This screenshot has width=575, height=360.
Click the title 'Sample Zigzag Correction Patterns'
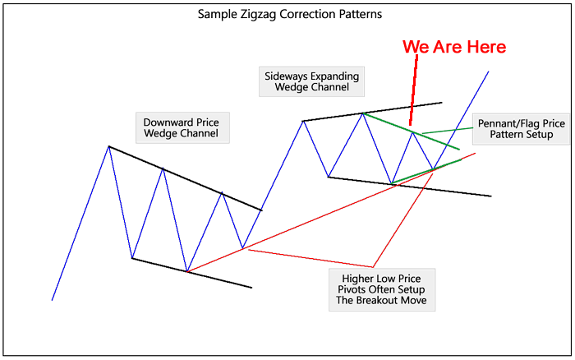pos(289,15)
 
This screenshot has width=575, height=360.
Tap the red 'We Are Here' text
pos(453,47)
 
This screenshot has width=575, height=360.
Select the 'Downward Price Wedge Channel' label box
pos(181,127)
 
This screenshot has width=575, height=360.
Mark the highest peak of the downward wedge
pos(108,146)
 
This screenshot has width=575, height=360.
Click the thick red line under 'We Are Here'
pos(414,82)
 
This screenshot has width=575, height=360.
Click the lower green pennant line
pos(427,171)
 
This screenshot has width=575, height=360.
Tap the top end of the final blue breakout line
pos(489,72)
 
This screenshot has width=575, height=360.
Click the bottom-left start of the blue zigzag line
pos(53,299)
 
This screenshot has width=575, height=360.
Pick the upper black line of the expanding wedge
pos(370,112)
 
